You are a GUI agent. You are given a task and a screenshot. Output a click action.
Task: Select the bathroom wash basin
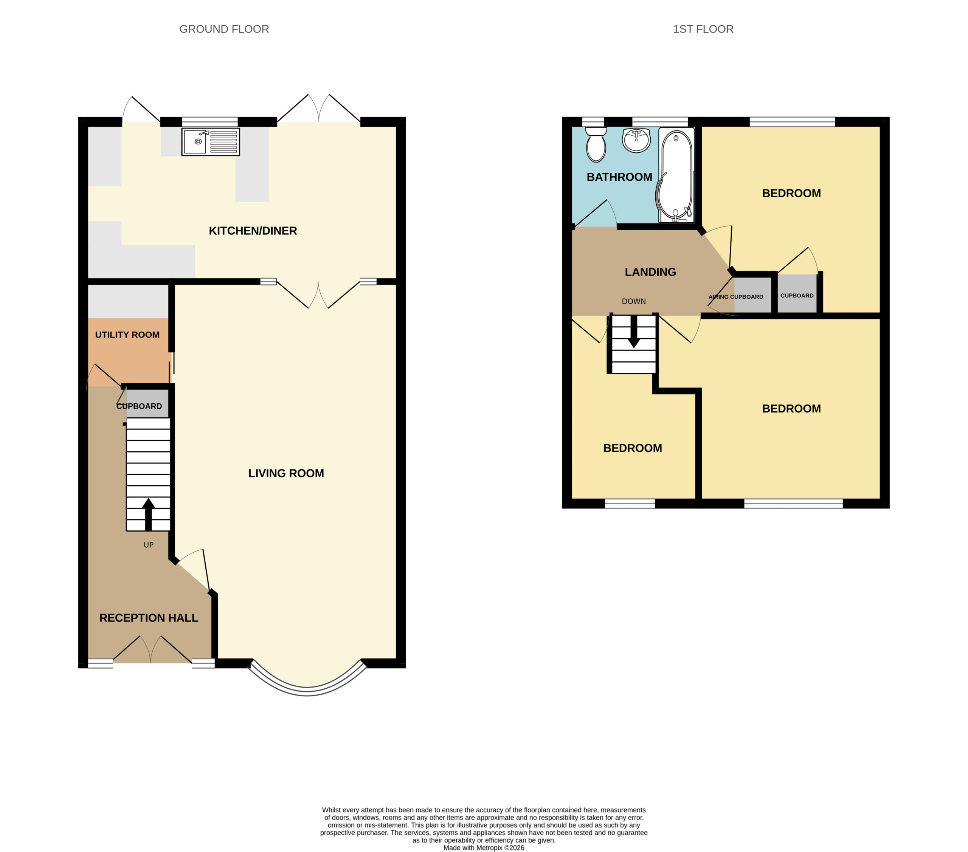636,140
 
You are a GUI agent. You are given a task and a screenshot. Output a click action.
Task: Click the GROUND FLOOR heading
224,29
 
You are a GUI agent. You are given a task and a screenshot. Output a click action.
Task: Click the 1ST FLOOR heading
703,29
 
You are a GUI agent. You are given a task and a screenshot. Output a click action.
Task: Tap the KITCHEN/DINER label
253,231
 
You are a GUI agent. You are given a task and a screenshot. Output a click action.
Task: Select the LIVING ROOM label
286,473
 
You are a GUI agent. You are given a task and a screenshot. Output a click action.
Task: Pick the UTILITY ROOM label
127,335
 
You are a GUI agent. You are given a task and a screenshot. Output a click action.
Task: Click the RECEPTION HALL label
149,618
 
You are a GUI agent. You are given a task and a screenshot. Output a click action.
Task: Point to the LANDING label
650,272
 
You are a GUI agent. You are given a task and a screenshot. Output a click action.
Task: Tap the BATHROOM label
619,177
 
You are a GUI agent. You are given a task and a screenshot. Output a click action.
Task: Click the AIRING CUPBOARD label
736,297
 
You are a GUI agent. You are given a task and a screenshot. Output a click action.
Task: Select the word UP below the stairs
149,545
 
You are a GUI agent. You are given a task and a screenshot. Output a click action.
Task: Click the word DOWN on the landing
634,302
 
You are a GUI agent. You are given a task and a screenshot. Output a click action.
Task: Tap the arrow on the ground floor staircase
148,514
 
